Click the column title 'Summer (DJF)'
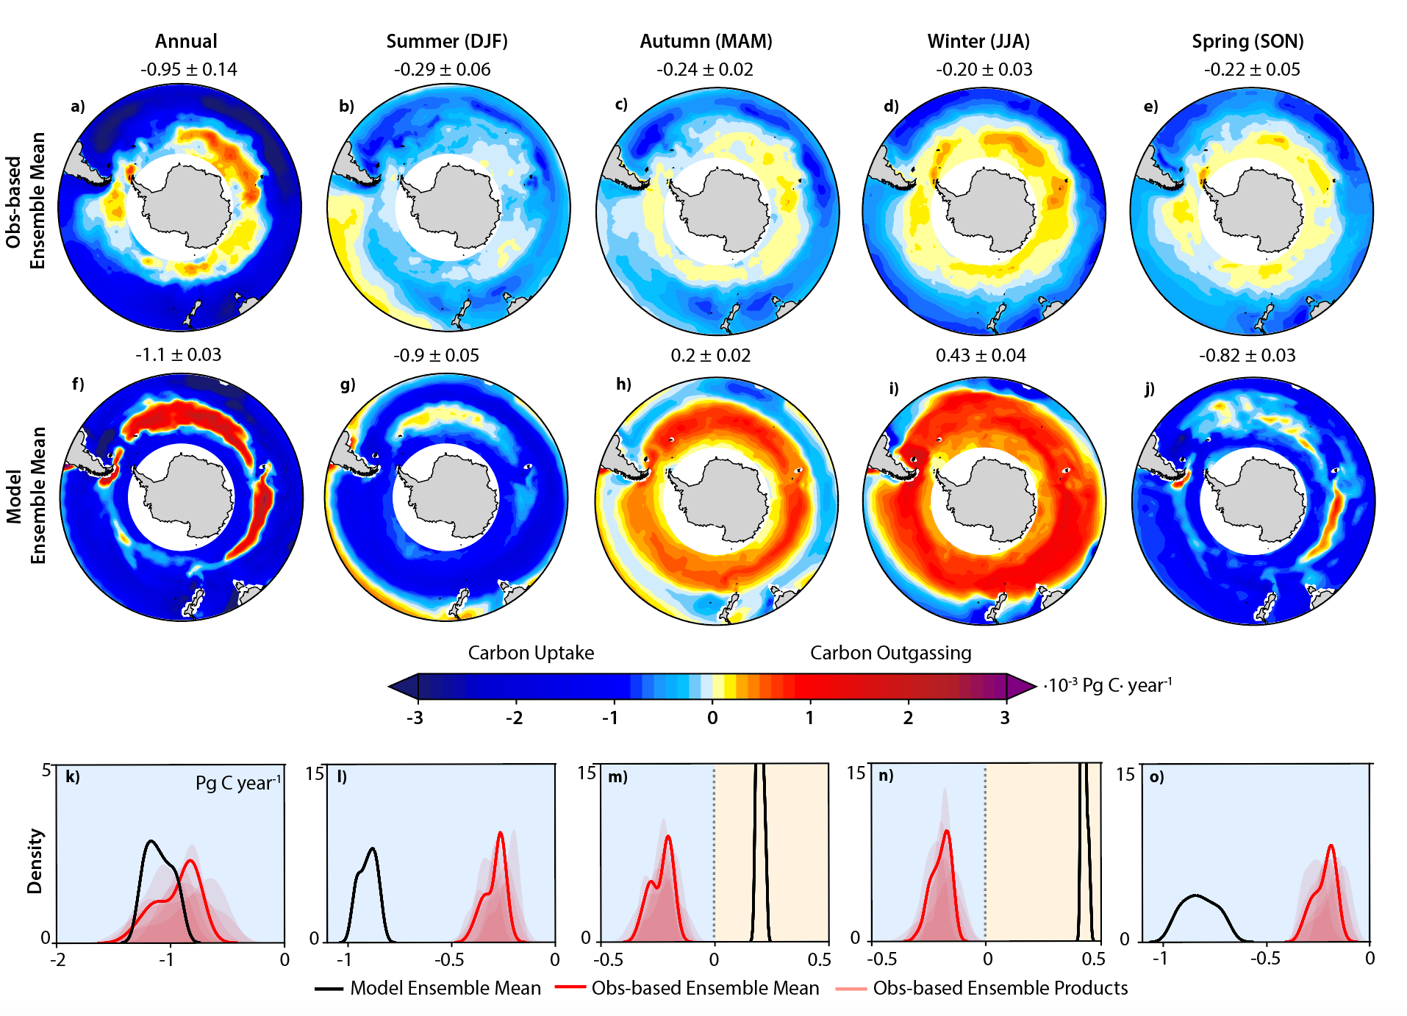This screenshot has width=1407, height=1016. coord(447,41)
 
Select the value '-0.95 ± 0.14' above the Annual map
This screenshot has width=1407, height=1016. coord(189,70)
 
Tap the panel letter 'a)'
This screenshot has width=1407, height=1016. coord(78,107)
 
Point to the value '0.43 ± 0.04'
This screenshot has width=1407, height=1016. coord(981,356)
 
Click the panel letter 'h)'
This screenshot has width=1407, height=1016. coord(623,384)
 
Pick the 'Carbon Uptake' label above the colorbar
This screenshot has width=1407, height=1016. coord(531,653)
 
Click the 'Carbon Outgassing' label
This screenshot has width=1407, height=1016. coord(890,653)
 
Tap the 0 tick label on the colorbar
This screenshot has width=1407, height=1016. coord(712,718)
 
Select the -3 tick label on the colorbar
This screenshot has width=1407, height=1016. coord(415,718)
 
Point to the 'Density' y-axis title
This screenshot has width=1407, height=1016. coord(35,862)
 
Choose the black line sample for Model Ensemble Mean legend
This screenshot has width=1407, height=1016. coord(329,989)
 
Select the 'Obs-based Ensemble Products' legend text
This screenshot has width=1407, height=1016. coord(1000,988)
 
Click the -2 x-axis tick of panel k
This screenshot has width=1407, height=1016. coord(57,960)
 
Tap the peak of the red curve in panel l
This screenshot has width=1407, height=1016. coord(501,832)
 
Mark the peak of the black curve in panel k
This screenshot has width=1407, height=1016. coord(151,840)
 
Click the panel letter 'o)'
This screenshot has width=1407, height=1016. coord(1156,777)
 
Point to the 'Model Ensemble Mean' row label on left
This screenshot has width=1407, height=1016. coord(26,496)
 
